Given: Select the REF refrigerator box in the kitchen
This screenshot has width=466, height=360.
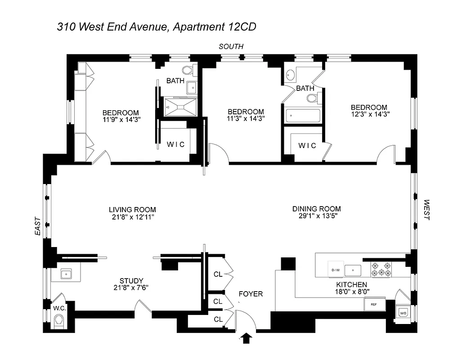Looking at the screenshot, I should click(x=374, y=304).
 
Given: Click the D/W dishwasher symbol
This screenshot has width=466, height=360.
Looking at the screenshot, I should click(x=335, y=270).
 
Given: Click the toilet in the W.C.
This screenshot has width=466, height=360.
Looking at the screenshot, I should click(x=58, y=321).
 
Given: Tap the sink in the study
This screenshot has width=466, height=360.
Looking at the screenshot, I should click(x=66, y=273).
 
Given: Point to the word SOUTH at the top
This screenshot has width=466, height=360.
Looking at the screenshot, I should click(x=231, y=46).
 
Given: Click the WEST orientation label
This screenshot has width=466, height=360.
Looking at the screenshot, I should click(x=426, y=210).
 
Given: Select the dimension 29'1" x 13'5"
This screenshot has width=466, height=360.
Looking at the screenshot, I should click(x=316, y=216).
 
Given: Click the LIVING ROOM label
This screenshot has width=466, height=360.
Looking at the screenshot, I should click(x=132, y=209).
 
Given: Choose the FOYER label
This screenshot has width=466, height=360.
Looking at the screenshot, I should click(x=251, y=294).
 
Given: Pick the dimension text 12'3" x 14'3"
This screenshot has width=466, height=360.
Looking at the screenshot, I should click(x=369, y=114).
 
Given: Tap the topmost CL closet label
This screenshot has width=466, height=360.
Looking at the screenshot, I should click(x=218, y=274).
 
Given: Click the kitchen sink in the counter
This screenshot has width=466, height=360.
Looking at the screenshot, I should click(x=353, y=270).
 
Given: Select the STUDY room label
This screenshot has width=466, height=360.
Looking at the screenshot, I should click(x=131, y=280).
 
